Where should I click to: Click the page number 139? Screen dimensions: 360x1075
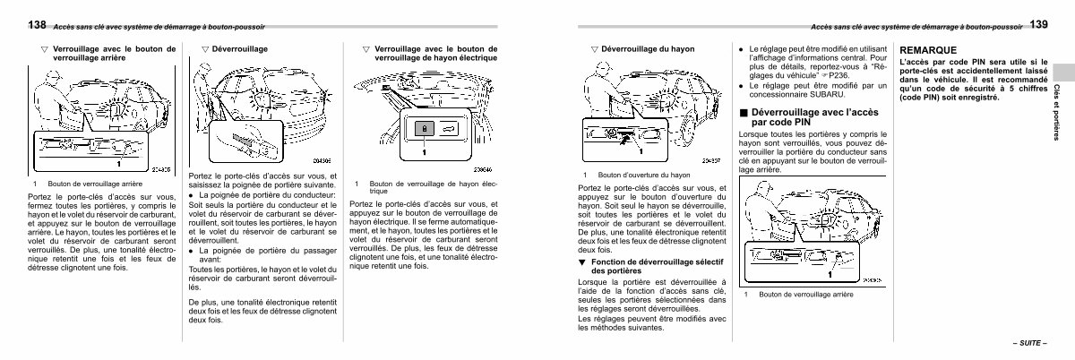1038,24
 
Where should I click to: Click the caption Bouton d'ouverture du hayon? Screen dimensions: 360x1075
644,176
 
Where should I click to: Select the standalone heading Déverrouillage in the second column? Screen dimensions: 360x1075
239,48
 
